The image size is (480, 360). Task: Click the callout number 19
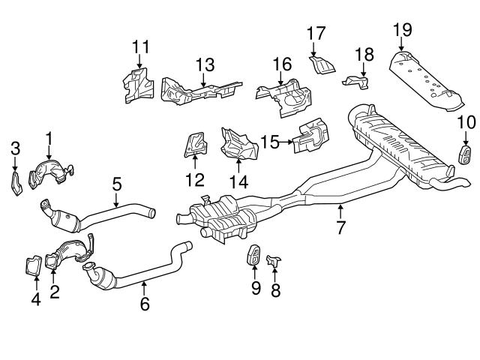coord(403,30)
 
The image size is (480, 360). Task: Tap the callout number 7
coord(341,227)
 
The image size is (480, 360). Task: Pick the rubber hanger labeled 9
coord(255,256)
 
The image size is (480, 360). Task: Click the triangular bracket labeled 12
coord(195,145)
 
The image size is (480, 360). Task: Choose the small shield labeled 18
coord(358,78)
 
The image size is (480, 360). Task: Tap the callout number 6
coord(145,304)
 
